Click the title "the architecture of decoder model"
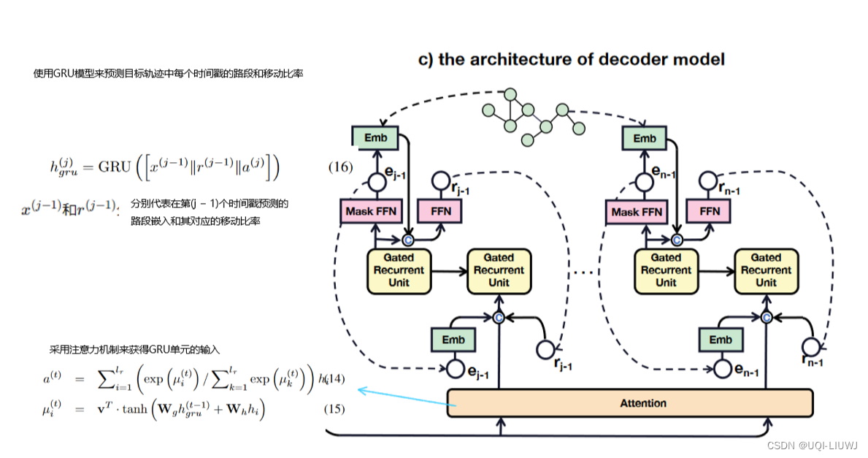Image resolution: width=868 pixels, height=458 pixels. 571,59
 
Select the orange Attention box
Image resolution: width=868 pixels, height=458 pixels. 629,403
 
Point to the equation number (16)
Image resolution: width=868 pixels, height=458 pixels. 340,167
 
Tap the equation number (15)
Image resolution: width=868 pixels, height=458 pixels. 334,409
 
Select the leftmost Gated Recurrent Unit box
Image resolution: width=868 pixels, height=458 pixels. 399,270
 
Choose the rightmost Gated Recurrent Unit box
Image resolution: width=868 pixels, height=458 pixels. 766,270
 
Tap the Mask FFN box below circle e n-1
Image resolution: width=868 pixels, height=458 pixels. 636,212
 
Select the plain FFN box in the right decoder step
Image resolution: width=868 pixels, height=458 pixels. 709,212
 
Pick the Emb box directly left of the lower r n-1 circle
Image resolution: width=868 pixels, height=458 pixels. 720,340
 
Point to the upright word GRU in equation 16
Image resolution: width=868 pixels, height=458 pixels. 115,167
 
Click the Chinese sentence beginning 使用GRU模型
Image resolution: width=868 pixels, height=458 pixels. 168,74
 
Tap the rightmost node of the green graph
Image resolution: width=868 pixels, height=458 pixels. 579,129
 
